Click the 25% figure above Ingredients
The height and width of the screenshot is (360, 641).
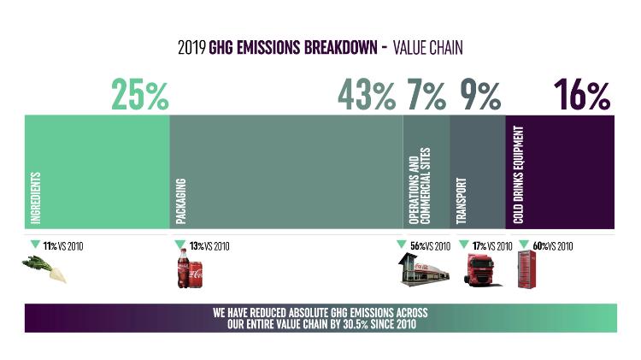coord(140,95)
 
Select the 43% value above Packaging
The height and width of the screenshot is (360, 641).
coord(367,95)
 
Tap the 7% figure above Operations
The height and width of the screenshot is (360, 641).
coord(426,95)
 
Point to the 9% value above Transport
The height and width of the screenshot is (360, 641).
coord(480,95)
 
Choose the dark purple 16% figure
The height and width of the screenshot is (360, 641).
coord(582,95)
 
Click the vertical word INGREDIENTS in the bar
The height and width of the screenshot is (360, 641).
coord(36,198)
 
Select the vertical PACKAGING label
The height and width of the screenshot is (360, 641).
coord(180,201)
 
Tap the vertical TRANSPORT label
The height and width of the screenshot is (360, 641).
coord(462,201)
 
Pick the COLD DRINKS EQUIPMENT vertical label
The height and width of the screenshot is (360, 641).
coord(519,174)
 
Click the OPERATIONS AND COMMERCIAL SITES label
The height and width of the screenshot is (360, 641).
coord(420,186)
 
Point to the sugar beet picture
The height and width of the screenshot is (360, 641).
coord(44,269)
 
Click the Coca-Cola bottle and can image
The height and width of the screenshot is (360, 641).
coord(190,269)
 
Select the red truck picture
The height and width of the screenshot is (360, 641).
coord(480,269)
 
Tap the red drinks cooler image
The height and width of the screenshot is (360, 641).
coord(526,269)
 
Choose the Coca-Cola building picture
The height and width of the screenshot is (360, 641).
coord(424,269)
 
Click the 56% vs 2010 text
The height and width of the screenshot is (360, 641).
coord(430,246)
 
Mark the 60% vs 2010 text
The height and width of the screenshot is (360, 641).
coord(553,246)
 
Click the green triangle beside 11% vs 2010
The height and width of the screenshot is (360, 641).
coord(36,245)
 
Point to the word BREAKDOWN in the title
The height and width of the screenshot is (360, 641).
coord(340,47)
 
